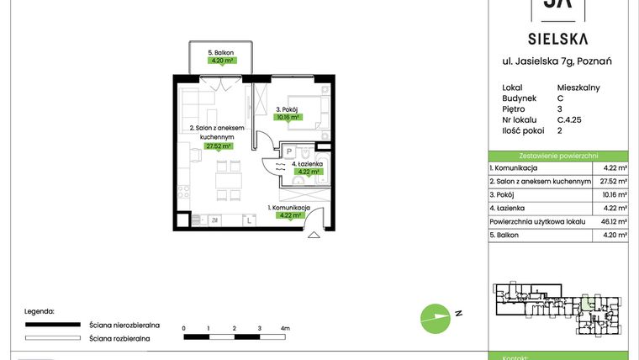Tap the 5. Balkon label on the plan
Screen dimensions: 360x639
(x=222, y=53)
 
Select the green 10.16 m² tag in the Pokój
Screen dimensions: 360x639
(x=289, y=118)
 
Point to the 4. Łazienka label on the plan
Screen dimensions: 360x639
(x=307, y=163)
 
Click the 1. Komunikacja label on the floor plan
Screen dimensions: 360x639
(x=289, y=207)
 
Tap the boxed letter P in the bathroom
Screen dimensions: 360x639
(x=288, y=151)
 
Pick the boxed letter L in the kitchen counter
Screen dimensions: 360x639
(x=249, y=220)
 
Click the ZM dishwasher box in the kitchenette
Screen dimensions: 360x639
(x=215, y=220)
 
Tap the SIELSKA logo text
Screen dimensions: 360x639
(x=557, y=38)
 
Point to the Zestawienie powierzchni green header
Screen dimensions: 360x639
(x=558, y=156)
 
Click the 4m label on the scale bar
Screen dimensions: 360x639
(x=285, y=327)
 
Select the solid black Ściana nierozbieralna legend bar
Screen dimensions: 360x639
(x=53, y=324)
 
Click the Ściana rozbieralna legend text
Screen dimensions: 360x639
(x=119, y=338)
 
